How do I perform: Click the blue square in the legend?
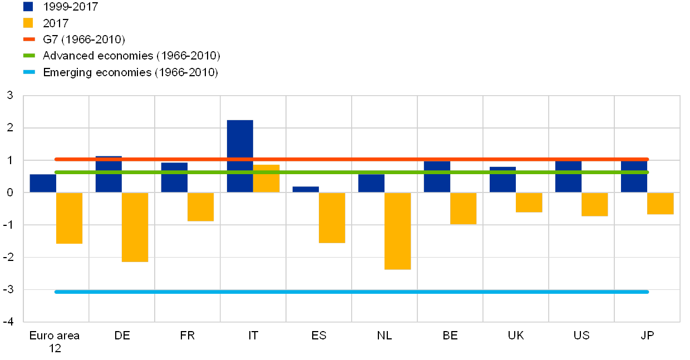point(28,7)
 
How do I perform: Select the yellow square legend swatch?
point(28,23)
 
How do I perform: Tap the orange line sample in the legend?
point(29,40)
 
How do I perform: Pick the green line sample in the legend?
point(29,56)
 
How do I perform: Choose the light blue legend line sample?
point(29,72)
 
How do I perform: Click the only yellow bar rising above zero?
point(267,179)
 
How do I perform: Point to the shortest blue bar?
point(305,190)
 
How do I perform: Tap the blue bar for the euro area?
point(43,184)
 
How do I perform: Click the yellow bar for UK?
point(529,203)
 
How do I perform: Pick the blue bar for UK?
point(502,180)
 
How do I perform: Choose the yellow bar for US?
point(595,204)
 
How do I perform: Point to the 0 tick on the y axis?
point(10,193)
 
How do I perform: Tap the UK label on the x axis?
point(516,336)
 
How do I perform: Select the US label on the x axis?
point(582,336)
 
